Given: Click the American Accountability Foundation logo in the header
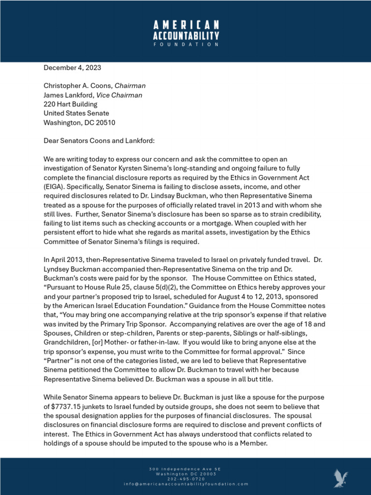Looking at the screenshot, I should pyautogui.click(x=185, y=33).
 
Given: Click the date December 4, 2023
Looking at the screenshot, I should pyautogui.click(x=72, y=68).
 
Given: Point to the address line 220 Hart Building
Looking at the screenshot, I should pyautogui.click(x=71, y=104).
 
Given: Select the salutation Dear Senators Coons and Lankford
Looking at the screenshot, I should pyautogui.click(x=99, y=141).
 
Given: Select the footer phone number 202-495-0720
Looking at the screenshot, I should pyautogui.click(x=185, y=479).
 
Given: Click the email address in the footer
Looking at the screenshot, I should pyautogui.click(x=185, y=484).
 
